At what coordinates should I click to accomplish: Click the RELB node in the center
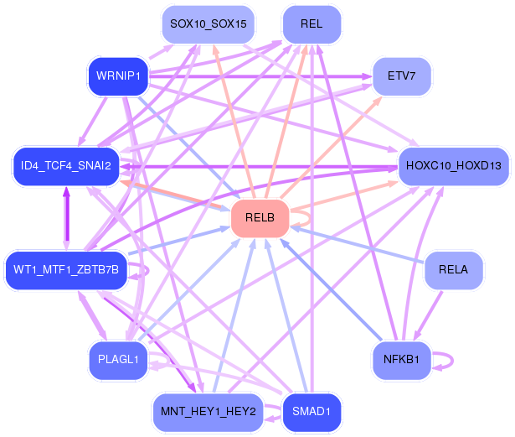tap(260, 218)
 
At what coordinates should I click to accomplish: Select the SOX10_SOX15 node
tap(208, 24)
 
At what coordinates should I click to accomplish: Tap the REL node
tap(312, 24)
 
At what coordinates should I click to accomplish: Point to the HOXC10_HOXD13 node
tap(453, 165)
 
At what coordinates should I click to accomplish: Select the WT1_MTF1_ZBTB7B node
tap(66, 269)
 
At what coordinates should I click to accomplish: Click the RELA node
tap(453, 269)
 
